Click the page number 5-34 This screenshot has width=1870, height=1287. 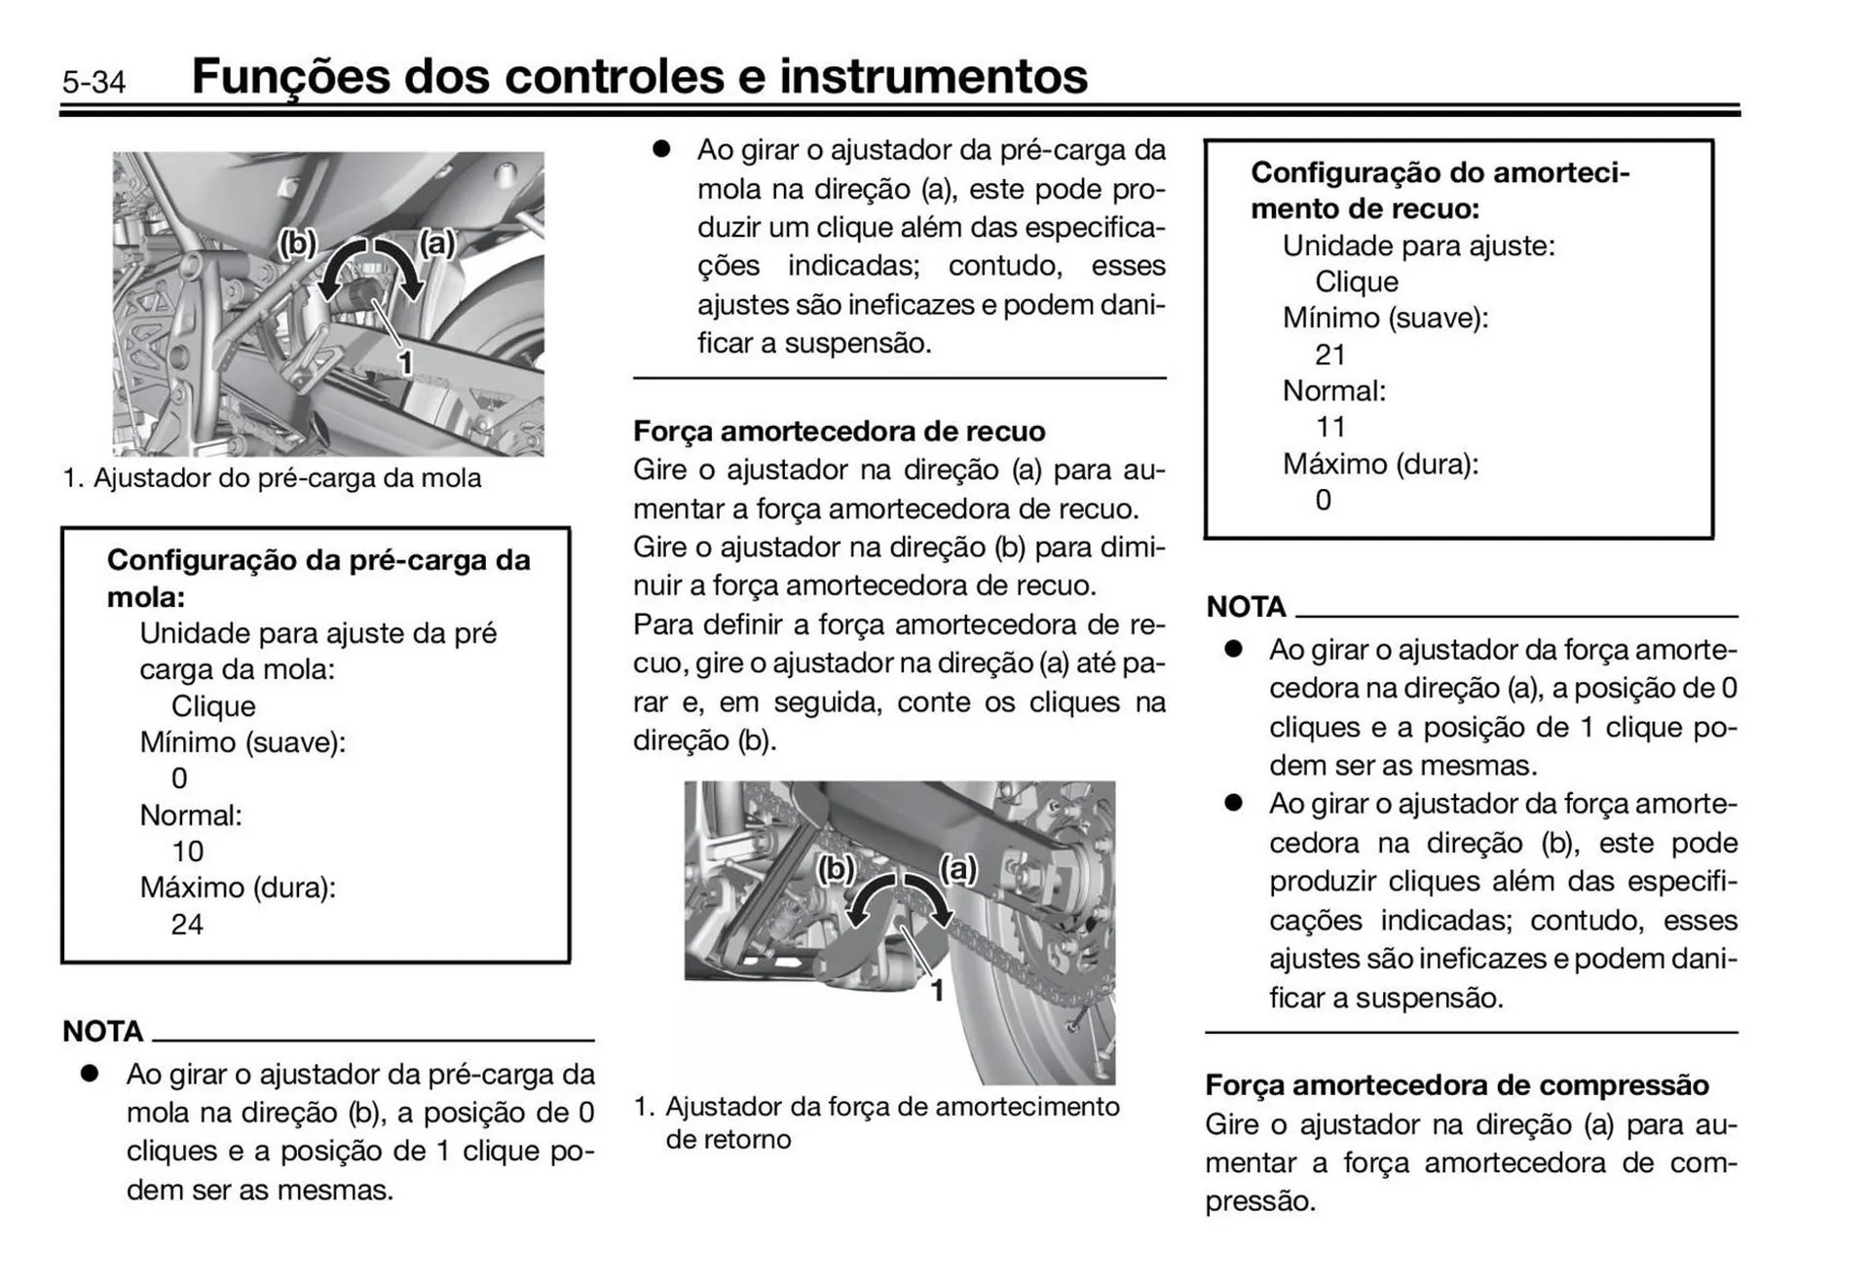tap(93, 82)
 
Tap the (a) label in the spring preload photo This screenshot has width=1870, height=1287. tap(437, 242)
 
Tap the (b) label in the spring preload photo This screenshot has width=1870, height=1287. tap(297, 242)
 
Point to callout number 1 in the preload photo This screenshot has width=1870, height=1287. tap(406, 363)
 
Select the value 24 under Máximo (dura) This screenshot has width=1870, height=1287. tap(187, 924)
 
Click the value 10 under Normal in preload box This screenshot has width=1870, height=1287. tap(187, 852)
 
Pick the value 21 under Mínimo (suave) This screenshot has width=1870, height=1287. tap(1329, 355)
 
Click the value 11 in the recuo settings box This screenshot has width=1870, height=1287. tap(1329, 427)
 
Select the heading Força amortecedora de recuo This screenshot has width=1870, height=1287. tap(839, 431)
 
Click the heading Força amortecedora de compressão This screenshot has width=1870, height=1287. tap(1456, 1084)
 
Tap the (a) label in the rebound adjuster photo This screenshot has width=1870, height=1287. tap(957, 867)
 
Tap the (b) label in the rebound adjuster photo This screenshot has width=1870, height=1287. tap(835, 867)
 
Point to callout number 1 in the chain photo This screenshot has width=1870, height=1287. tap(937, 991)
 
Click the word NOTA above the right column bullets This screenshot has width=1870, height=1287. tap(1246, 607)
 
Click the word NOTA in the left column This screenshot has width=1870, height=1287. tap(102, 1031)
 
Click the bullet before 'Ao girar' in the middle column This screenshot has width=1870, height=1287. tap(662, 149)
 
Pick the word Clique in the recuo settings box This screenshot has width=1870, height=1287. tap(1356, 282)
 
